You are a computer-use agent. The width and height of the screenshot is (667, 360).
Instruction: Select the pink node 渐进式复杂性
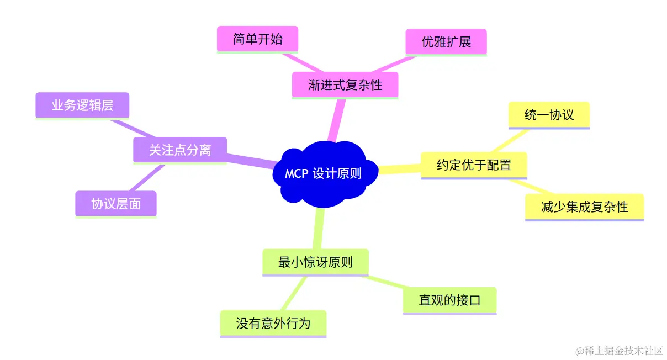click(x=345, y=85)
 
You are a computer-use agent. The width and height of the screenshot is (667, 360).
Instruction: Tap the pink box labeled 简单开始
click(x=257, y=40)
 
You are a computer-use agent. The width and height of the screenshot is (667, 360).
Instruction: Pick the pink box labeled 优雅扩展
click(x=446, y=42)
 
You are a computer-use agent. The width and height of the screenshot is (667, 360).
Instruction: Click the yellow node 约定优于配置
click(x=474, y=165)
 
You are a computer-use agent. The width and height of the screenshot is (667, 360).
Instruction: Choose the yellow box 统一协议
click(x=549, y=114)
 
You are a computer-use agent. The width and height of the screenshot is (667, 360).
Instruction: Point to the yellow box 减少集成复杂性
click(x=584, y=207)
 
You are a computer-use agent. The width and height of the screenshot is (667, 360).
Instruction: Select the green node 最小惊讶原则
click(x=315, y=262)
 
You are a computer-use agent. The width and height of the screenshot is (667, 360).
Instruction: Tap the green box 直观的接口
click(x=449, y=300)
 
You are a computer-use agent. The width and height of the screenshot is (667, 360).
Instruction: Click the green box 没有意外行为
click(x=273, y=323)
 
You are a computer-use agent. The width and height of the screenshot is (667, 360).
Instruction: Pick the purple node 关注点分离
click(x=180, y=150)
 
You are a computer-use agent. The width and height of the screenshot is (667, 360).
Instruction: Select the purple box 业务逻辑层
click(x=82, y=105)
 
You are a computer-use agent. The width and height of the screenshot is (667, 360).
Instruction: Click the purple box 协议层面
click(x=116, y=204)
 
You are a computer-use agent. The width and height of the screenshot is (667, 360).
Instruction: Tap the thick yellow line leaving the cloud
click(x=399, y=168)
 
